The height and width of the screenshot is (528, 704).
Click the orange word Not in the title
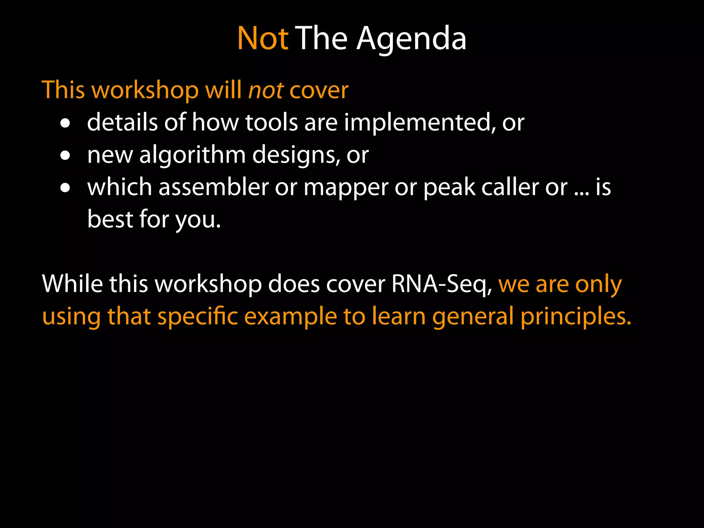pos(263,38)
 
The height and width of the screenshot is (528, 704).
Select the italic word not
pos(266,90)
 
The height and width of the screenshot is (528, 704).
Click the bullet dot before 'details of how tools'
pos(65,123)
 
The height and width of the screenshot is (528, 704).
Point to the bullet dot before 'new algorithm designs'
pos(65,156)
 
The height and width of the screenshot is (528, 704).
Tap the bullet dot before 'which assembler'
pos(65,188)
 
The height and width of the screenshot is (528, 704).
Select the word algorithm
pos(192,155)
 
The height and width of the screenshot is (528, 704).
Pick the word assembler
pos(213,187)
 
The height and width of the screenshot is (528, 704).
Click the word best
pos(110,219)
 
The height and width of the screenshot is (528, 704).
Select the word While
pos(72,284)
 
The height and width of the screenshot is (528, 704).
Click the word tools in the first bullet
pos(271,123)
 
